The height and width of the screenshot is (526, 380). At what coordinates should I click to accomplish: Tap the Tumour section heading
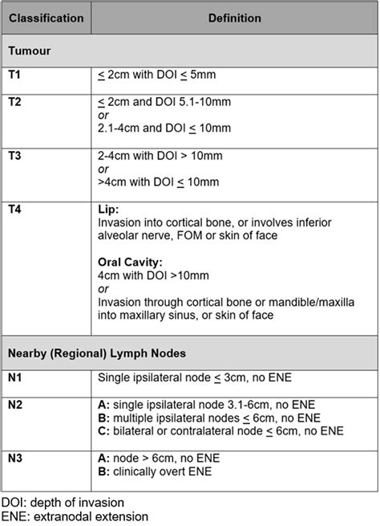click(x=30, y=51)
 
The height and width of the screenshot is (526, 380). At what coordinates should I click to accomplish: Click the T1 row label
click(x=16, y=75)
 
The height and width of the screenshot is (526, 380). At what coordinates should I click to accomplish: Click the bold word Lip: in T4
click(x=107, y=207)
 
